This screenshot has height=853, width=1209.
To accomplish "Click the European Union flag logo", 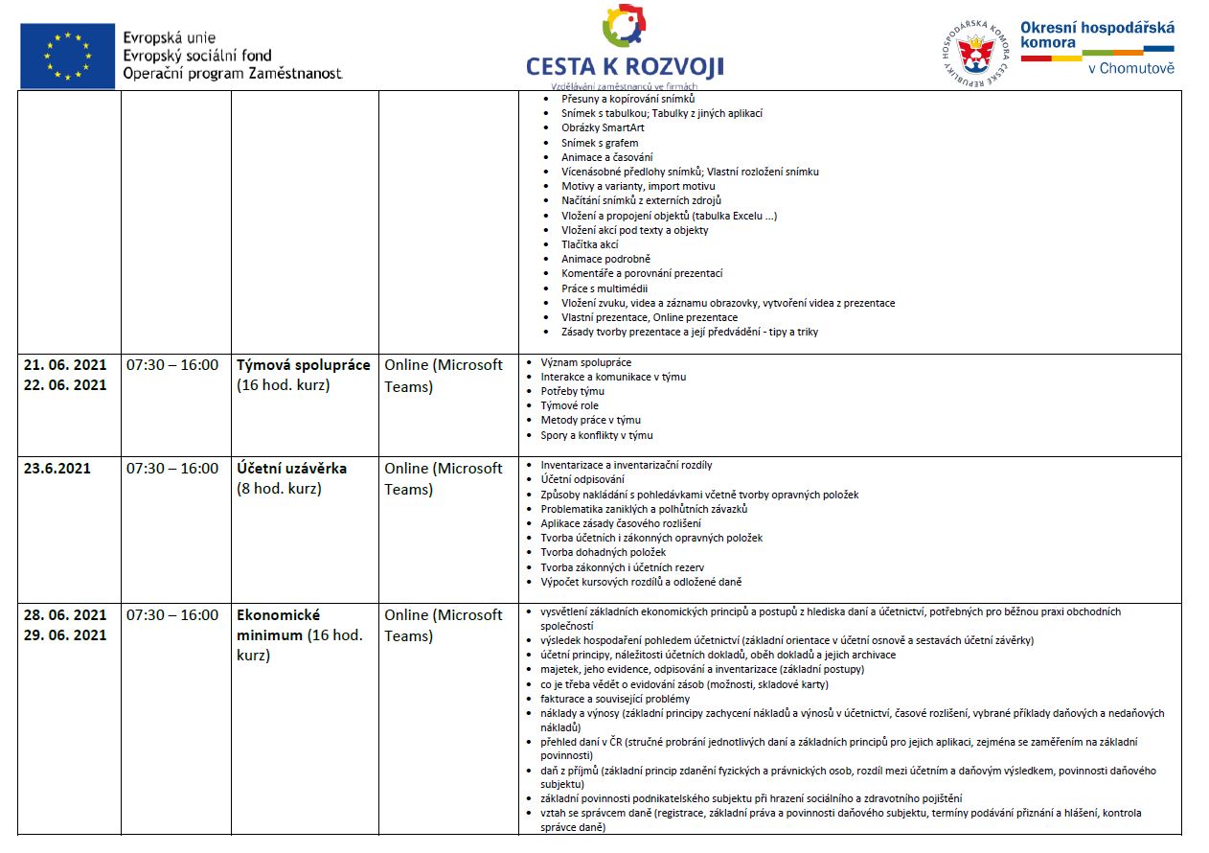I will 66,56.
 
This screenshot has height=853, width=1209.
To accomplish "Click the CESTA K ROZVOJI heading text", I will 625,66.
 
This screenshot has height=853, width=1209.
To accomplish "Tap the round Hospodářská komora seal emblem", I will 975,52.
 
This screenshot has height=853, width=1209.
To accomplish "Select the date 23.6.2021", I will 57,469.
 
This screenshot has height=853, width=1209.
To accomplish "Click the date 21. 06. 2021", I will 65,365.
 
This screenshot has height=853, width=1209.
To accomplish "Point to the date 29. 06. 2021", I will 65,635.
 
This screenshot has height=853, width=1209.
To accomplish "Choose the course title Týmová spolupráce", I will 304,365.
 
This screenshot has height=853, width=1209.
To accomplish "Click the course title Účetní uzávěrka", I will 292,469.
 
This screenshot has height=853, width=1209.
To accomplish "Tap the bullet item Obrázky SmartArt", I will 603,127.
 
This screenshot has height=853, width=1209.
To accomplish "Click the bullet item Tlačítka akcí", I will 590,244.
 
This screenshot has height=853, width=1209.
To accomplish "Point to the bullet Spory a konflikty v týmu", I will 597,435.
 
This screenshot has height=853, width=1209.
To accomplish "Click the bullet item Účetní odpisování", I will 582,479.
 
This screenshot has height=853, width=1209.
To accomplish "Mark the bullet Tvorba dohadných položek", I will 603,552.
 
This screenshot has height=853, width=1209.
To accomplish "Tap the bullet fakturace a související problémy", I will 615,699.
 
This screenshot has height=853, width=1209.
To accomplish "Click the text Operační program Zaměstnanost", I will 233,74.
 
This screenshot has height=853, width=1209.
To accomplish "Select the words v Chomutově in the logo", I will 1130,68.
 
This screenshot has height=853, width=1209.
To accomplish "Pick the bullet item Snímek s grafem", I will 600,143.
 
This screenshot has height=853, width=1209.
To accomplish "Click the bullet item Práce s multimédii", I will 604,288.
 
